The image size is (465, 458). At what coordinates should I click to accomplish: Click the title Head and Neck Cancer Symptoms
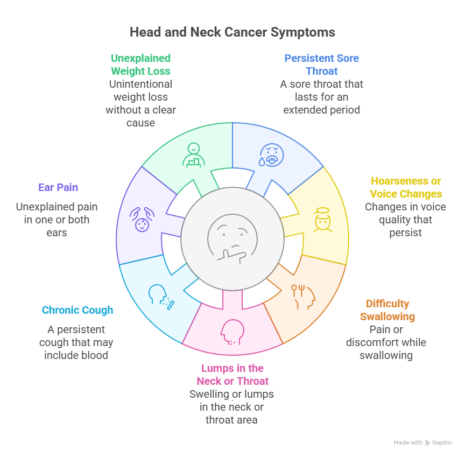[232, 32]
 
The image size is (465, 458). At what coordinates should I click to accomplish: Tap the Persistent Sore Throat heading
[321, 65]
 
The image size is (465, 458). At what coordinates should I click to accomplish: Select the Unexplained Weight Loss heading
[140, 65]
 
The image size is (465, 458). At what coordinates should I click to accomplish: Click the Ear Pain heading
[58, 187]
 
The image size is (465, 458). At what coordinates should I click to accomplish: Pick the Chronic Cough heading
[77, 310]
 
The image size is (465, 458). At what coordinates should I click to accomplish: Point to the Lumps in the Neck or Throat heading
[232, 375]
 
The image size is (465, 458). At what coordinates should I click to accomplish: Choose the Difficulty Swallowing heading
[387, 310]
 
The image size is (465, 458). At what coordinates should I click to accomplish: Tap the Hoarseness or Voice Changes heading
[406, 187]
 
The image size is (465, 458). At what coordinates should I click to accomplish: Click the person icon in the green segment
[193, 154]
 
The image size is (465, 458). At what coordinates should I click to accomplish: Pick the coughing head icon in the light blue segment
[161, 298]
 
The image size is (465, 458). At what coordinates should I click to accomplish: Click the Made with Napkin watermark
[422, 442]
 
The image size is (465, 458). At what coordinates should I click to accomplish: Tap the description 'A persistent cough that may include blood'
[76, 342]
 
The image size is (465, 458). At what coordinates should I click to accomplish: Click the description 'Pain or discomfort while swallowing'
[386, 342]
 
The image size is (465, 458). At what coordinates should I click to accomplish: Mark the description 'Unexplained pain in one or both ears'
[57, 220]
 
